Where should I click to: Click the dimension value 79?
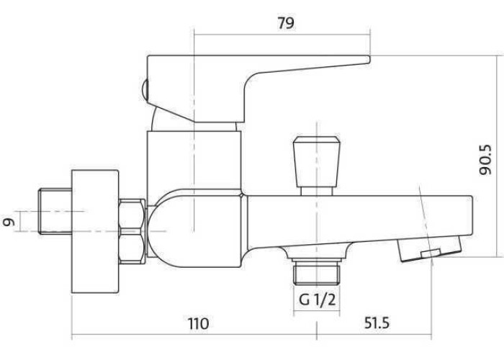click(x=285, y=23)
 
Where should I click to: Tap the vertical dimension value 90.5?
click(x=485, y=160)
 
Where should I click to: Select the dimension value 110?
click(x=198, y=323)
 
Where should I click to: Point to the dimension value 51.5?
click(x=377, y=323)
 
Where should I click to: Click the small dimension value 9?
click(x=9, y=222)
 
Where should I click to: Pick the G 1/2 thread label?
click(x=317, y=300)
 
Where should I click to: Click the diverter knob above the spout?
click(x=317, y=162)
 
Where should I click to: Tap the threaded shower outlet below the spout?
click(x=317, y=271)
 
